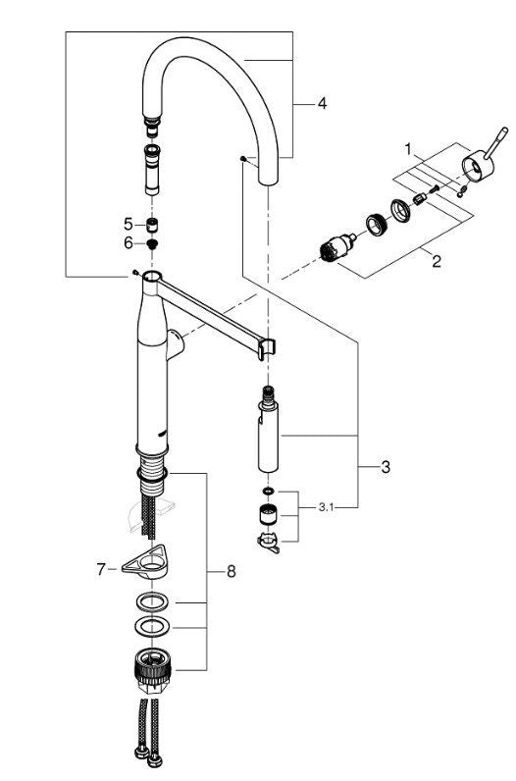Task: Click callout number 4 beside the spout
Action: pos(321,102)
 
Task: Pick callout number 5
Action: pos(127,224)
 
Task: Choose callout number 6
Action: pos(127,242)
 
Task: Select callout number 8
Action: pos(232,569)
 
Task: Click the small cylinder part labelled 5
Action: pos(153,225)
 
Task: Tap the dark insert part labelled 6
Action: pos(153,243)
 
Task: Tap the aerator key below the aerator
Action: pos(269,540)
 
